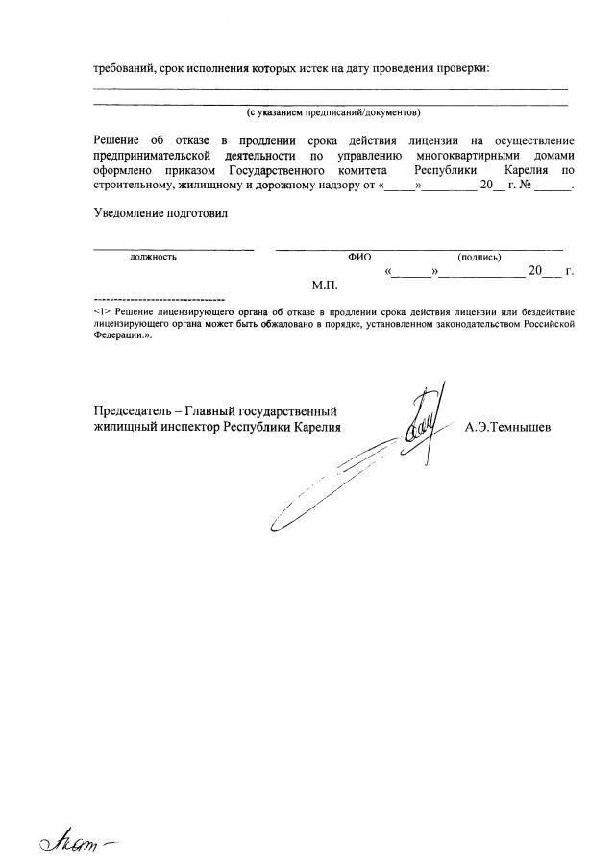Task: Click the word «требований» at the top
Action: pos(125,68)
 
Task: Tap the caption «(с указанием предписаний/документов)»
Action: pos(332,112)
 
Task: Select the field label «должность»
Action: pos(153,258)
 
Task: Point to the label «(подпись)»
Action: pos(480,258)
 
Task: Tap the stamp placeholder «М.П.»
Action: pos(325,286)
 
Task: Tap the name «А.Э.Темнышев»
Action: pos(507,427)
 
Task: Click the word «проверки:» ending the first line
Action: pos(462,68)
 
